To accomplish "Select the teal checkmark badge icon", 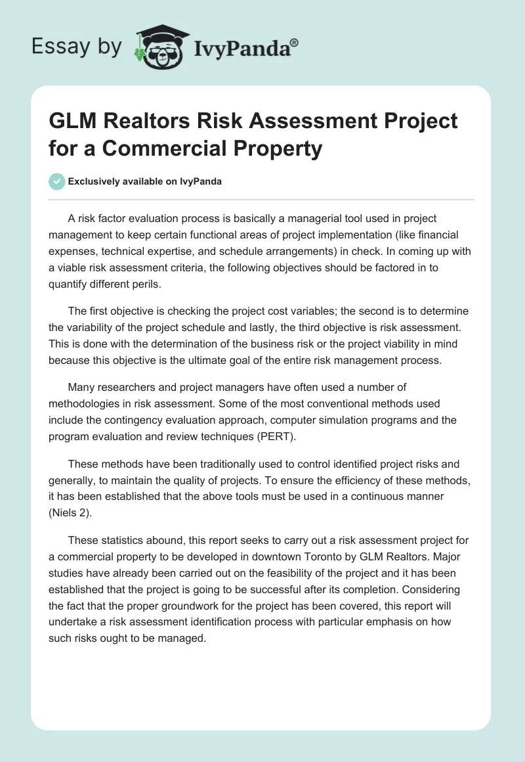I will [57, 181].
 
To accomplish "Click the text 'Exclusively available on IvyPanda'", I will [144, 181].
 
